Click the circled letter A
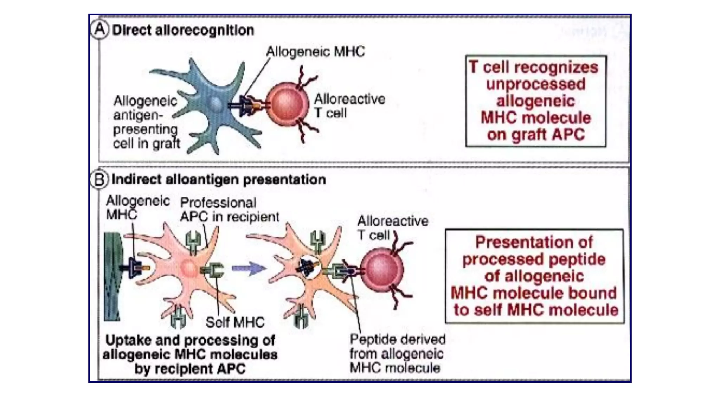(x=99, y=30)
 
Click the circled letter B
(x=99, y=179)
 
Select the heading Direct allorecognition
(x=183, y=30)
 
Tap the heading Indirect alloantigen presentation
(x=219, y=180)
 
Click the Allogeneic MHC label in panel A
(x=315, y=52)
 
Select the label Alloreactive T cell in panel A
(x=349, y=106)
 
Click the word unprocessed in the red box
(x=535, y=84)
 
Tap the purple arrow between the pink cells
(x=249, y=269)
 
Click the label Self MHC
(x=235, y=322)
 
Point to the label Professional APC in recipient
(x=229, y=210)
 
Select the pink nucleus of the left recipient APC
(x=189, y=269)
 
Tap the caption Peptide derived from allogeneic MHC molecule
(x=397, y=354)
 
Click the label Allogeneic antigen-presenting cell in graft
(x=146, y=122)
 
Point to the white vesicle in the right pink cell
(x=309, y=268)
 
